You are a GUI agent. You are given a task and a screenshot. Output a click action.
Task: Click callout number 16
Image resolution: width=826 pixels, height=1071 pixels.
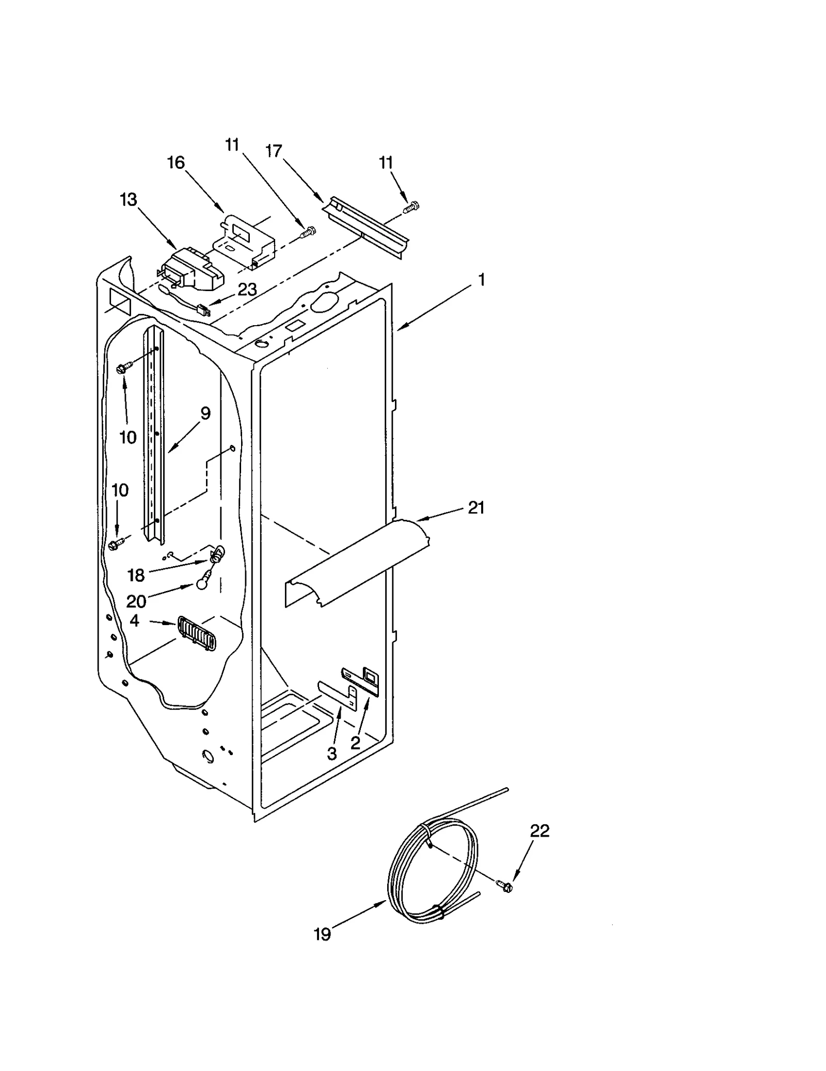pyautogui.click(x=176, y=163)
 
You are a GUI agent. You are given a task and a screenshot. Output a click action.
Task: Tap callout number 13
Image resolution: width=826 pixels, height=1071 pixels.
pyautogui.click(x=129, y=199)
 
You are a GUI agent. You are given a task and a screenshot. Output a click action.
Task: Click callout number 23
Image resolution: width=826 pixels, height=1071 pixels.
pyautogui.click(x=247, y=290)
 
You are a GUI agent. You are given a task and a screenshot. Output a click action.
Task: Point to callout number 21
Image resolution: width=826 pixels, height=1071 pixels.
pyautogui.click(x=475, y=508)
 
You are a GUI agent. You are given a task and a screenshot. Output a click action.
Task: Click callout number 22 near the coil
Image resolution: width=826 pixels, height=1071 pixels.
pyautogui.click(x=539, y=830)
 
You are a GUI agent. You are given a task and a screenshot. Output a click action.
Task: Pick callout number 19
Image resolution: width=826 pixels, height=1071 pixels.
pyautogui.click(x=323, y=934)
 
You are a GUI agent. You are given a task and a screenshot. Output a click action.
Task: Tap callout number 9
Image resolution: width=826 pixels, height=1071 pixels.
pyautogui.click(x=205, y=413)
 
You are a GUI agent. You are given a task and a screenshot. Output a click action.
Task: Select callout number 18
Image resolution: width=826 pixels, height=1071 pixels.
pyautogui.click(x=136, y=575)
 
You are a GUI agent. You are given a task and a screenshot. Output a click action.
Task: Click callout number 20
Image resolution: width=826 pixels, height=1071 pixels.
pyautogui.click(x=136, y=601)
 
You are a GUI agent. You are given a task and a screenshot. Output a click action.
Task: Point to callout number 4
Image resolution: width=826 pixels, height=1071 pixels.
pyautogui.click(x=134, y=620)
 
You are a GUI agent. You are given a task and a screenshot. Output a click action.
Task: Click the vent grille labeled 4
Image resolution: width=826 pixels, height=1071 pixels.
pyautogui.click(x=197, y=633)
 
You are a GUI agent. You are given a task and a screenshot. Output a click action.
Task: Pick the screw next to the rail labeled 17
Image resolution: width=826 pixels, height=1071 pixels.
pyautogui.click(x=411, y=207)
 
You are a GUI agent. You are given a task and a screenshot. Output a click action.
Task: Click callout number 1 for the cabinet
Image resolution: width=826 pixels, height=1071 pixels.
pyautogui.click(x=481, y=280)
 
